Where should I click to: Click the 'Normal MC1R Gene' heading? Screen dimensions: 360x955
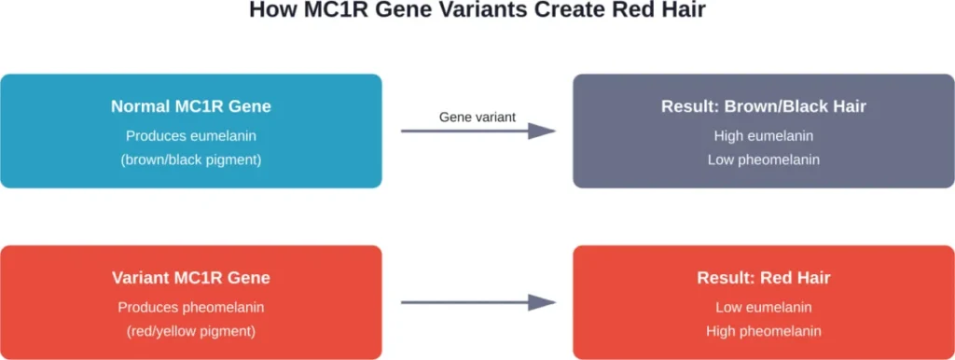[190, 106]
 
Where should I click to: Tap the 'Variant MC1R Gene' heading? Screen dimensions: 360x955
[190, 278]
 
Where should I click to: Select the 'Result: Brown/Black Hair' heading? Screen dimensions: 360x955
[764, 106]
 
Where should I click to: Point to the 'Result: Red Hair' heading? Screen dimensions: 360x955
[764, 278]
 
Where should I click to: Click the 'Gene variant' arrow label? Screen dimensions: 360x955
[477, 117]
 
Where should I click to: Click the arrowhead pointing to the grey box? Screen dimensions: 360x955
[542, 132]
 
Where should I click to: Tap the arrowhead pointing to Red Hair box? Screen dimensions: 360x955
[542, 302]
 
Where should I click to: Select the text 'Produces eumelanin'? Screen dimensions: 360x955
[190, 136]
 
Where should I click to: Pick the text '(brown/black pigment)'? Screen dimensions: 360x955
[190, 159]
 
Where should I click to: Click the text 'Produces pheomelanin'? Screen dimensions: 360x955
[190, 307]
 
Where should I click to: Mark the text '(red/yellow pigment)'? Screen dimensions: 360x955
[190, 330]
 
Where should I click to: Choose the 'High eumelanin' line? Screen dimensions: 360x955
[764, 136]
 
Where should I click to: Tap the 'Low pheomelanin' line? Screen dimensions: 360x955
[764, 159]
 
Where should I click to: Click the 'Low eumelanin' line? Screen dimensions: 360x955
[764, 307]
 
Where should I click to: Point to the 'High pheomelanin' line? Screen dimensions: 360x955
[764, 330]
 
